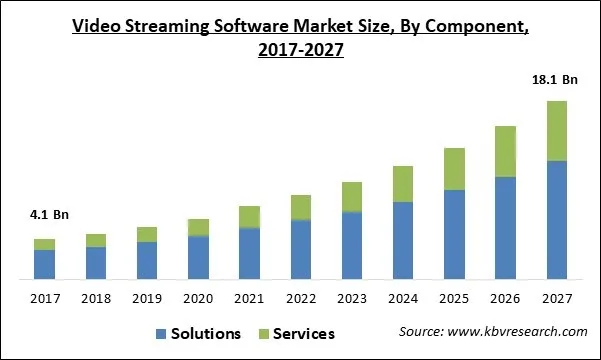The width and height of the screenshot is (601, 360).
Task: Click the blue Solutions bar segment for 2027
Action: coord(557,219)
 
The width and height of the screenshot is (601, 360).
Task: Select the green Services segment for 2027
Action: coord(557,131)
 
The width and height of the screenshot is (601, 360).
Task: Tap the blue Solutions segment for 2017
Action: coord(44,264)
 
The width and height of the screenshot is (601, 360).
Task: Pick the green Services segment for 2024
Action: coord(403,184)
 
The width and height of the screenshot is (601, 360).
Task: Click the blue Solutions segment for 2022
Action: coord(301,249)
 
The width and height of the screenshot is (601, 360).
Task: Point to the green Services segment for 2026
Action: coord(506,152)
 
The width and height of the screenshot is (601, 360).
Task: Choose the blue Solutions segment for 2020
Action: coord(198,257)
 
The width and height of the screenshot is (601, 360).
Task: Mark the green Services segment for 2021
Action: coord(249,217)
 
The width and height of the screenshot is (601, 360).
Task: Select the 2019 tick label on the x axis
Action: coord(147,297)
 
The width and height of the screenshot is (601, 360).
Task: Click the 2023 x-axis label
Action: coord(352,297)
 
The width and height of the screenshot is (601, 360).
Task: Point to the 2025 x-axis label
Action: coord(454,297)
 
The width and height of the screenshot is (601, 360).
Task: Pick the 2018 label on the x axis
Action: coord(95,297)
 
